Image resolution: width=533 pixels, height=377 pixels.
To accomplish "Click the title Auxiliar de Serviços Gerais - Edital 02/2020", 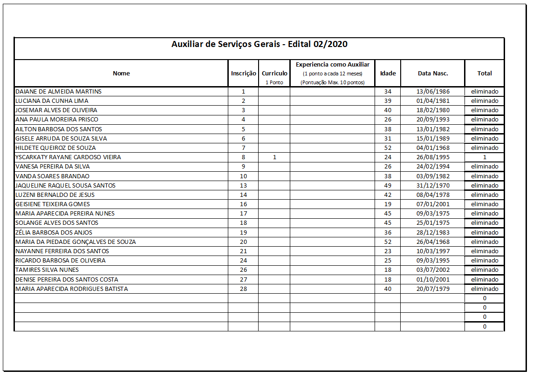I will (259, 45).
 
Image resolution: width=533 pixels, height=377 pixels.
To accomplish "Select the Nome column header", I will (121, 73).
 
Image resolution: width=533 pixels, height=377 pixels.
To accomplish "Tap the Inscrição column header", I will (243, 73).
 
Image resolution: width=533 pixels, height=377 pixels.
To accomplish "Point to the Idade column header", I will (388, 73).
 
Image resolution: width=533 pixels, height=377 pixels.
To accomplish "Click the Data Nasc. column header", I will (432, 73).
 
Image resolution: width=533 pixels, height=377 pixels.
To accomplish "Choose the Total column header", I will (485, 73).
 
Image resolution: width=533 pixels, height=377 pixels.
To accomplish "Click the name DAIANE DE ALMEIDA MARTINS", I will (58, 92).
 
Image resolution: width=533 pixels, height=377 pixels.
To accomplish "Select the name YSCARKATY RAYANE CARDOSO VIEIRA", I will (68, 157).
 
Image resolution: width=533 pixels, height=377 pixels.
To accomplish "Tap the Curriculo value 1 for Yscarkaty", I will (274, 157).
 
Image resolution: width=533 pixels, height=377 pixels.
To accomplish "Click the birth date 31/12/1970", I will (432, 185).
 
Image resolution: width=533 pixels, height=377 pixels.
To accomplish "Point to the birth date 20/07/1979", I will (432, 289).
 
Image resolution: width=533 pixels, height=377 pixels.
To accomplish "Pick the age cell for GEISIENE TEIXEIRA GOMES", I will (388, 204).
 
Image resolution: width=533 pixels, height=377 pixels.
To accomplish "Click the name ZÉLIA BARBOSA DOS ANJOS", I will (54, 232).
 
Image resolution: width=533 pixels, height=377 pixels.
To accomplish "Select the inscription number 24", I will (243, 261).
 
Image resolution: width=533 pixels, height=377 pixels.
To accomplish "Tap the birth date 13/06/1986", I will (432, 92).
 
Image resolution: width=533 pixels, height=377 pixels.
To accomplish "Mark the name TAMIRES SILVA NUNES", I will (47, 270).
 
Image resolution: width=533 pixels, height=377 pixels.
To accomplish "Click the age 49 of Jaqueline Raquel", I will (388, 185).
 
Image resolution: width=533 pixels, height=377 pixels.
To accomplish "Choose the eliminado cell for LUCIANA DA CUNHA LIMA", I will (485, 101).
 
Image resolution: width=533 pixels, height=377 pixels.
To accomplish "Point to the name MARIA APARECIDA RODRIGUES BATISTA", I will (71, 289).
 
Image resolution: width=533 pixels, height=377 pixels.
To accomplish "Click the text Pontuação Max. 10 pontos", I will (332, 82).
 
